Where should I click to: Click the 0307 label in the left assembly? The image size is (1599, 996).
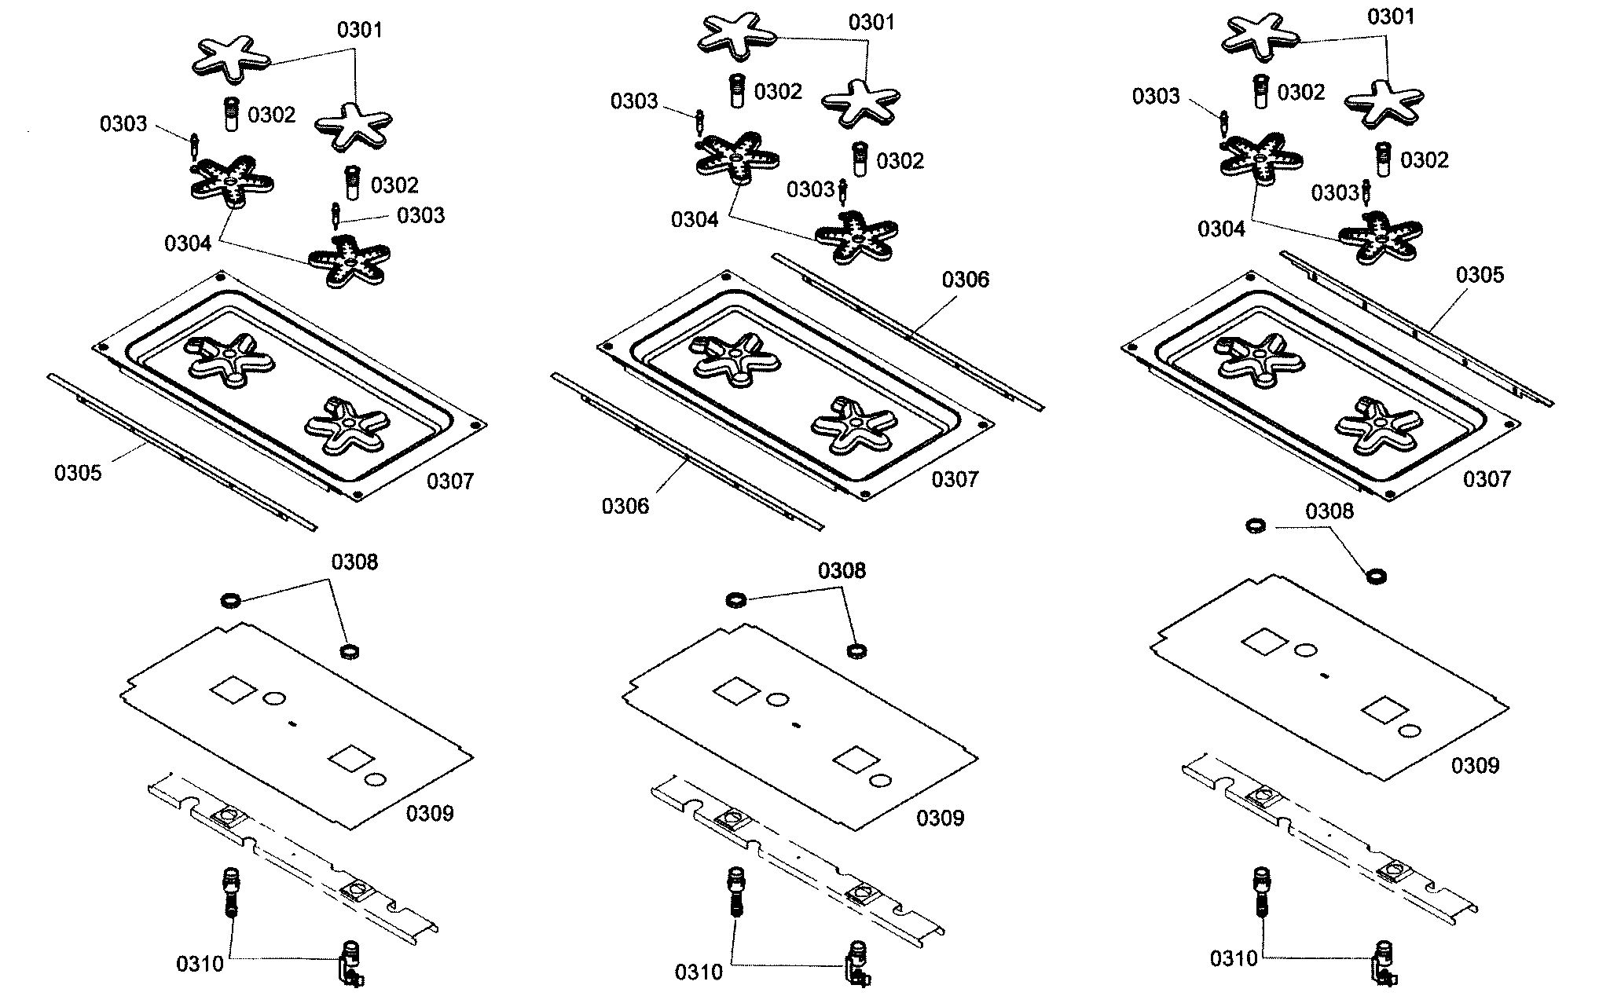point(450,481)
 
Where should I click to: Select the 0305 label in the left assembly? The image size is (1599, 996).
point(78,473)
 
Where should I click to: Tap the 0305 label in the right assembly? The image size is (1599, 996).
point(1480,275)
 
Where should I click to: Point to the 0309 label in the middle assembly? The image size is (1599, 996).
point(940,818)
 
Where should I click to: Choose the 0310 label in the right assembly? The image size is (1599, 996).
point(1234,958)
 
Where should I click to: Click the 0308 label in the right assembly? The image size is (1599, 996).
point(1329,511)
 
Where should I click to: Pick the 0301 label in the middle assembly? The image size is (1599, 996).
point(871,23)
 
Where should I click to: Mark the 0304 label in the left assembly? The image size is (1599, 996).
point(188,244)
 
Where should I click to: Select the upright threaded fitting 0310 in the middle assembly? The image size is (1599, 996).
point(735,891)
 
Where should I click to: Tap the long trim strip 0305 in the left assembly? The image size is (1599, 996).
point(181,452)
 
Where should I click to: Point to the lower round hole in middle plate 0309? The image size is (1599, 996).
point(881,782)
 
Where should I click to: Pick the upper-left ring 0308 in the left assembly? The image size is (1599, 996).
point(229,602)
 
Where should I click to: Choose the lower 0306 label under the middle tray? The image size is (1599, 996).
point(625,506)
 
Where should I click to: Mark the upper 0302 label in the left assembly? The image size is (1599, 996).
point(271,115)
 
